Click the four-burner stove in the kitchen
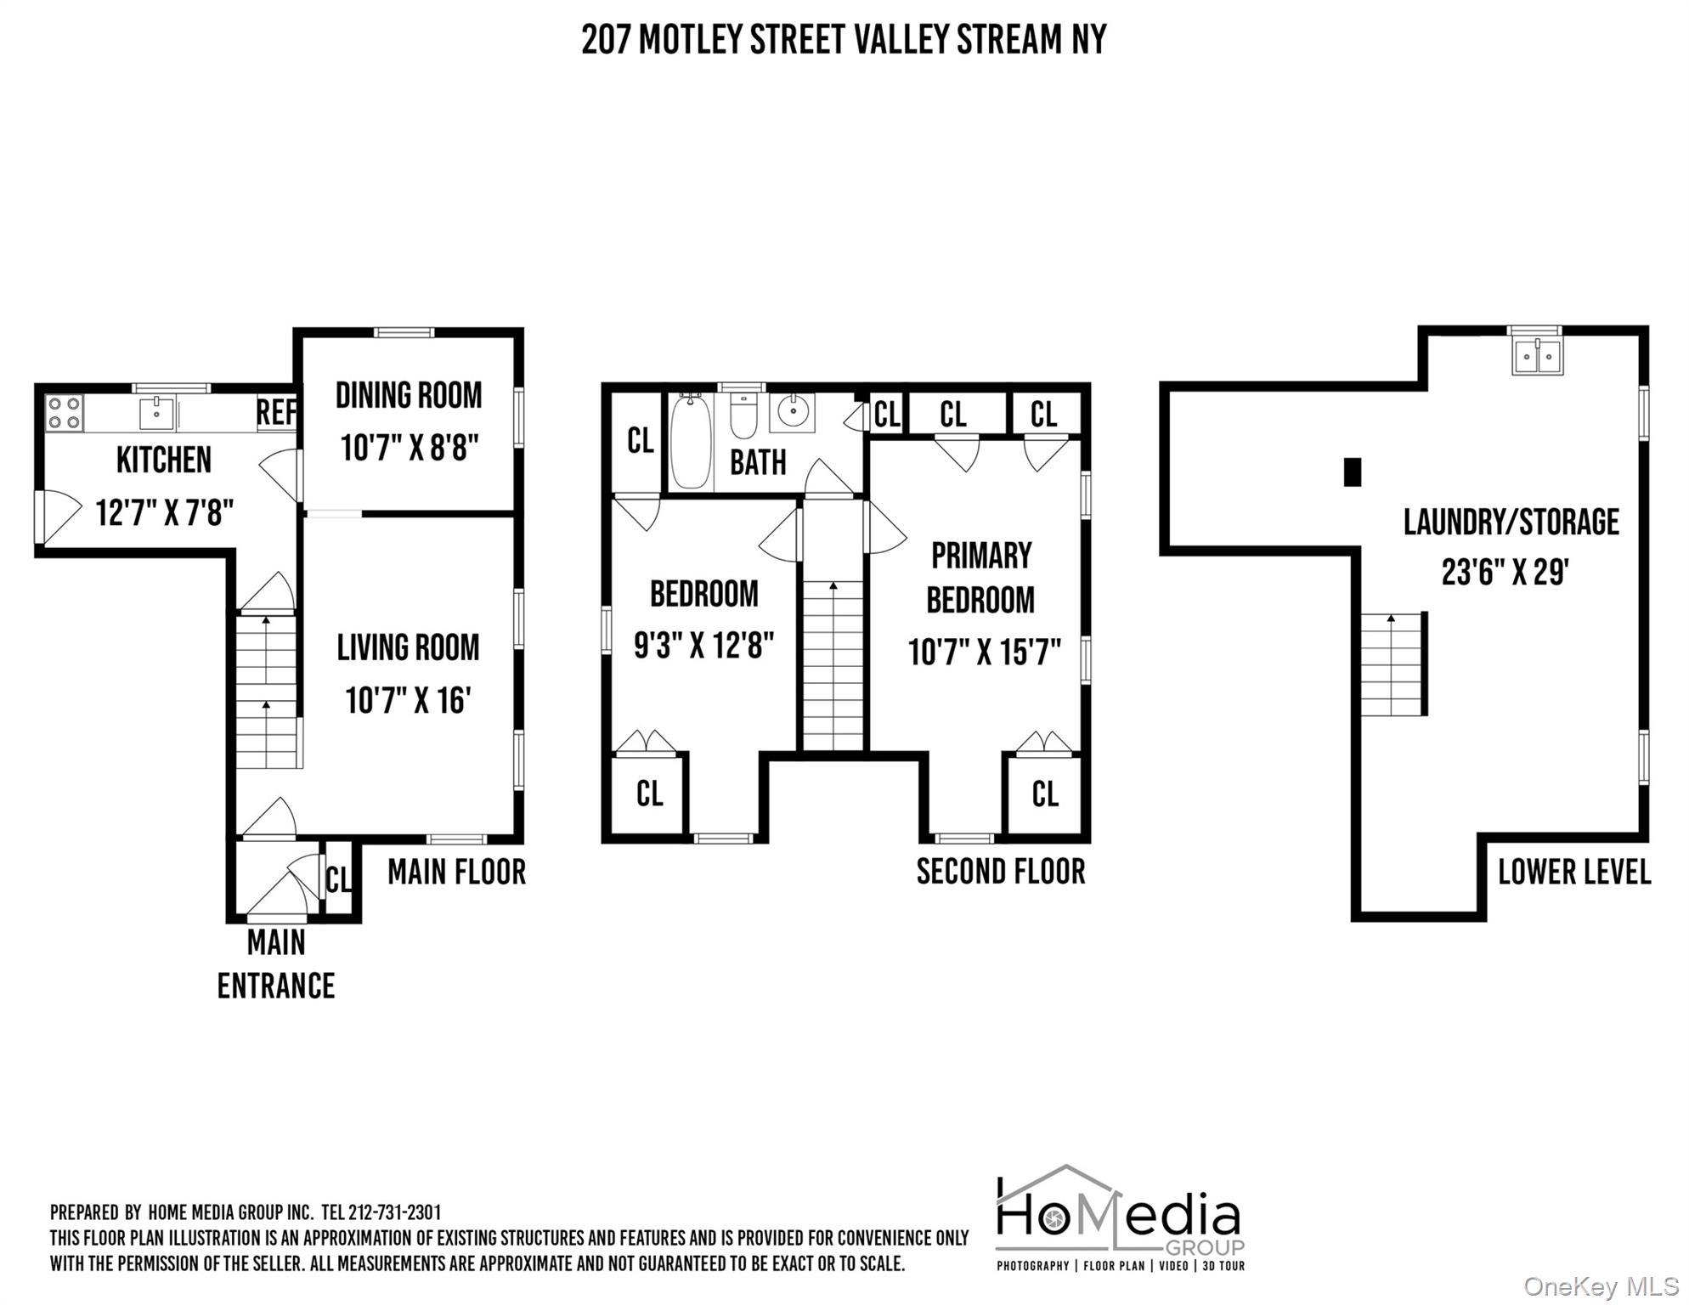[64, 414]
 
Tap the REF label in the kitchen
[276, 413]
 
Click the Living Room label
[408, 648]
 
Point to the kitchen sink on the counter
[156, 414]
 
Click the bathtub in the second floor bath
[691, 442]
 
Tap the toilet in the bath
[743, 415]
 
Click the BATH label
[758, 463]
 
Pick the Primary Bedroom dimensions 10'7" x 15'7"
[984, 653]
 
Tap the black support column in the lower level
[1352, 472]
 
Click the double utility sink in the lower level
[1537, 356]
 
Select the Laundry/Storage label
[1511, 523]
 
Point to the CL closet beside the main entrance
[339, 878]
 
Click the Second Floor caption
[1001, 872]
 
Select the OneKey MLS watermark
[1600, 1287]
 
